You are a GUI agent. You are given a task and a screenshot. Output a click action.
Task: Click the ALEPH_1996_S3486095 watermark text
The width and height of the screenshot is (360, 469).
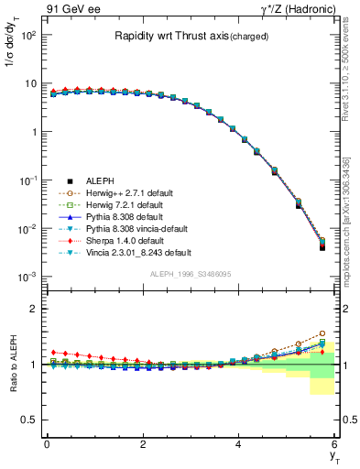[x=190, y=275]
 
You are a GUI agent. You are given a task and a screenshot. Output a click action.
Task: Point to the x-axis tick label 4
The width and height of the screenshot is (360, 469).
[x=239, y=443]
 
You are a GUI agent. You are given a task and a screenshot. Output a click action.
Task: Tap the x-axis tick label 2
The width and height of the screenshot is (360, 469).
[x=143, y=443]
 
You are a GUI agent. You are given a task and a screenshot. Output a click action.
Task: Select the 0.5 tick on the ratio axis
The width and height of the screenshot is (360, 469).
[x=29, y=420]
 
